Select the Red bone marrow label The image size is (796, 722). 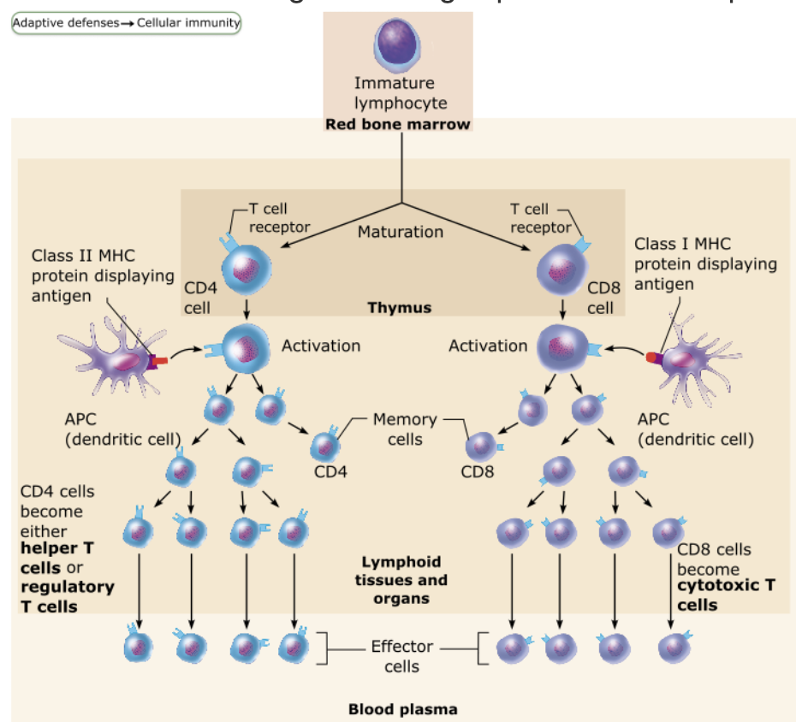(398, 124)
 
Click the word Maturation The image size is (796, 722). (401, 232)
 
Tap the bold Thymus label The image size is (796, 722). (399, 307)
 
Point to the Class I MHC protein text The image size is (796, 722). (682, 244)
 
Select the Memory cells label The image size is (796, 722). (405, 429)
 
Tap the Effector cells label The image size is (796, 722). (401, 656)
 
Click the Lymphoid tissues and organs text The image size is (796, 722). (401, 580)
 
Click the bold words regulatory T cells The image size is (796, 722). (67, 596)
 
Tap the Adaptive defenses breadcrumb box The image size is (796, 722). (126, 23)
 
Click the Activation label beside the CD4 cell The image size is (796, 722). (321, 346)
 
